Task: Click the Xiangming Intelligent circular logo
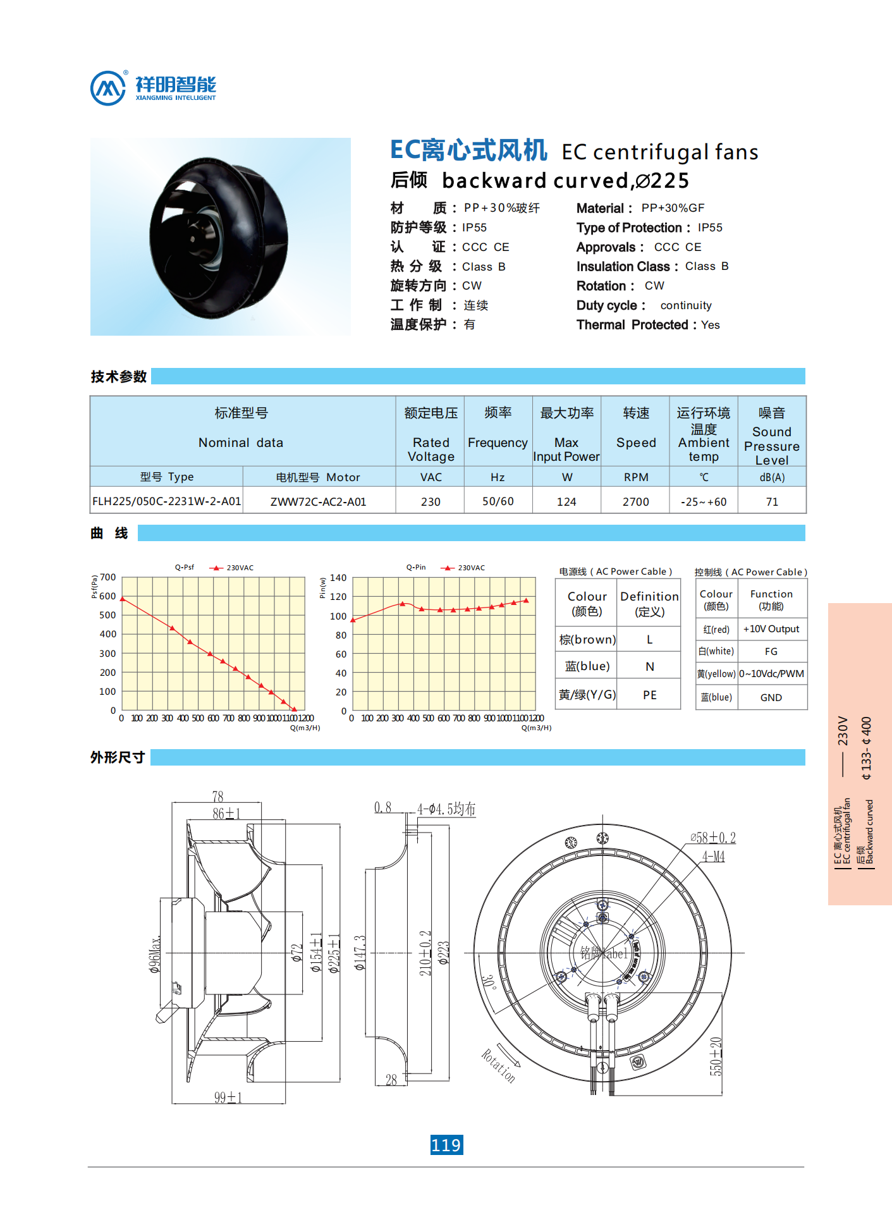click(x=108, y=88)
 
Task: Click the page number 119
click(x=446, y=1145)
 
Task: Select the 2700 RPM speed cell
click(x=635, y=501)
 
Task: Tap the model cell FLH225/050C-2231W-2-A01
click(x=166, y=501)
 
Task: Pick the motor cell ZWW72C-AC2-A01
click(x=318, y=502)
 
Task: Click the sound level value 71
click(x=772, y=501)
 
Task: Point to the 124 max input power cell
click(x=566, y=501)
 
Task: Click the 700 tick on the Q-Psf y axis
click(x=108, y=577)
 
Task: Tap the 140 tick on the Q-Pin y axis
click(x=338, y=578)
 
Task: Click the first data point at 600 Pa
click(x=123, y=599)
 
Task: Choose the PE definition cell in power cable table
click(x=649, y=695)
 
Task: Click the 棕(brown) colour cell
click(x=587, y=639)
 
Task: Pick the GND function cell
click(x=771, y=697)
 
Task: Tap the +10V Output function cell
click(x=771, y=629)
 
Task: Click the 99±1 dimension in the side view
click(x=228, y=1097)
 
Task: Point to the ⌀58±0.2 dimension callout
click(x=713, y=838)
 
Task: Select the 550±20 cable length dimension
click(x=716, y=1056)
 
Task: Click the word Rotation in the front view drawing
click(x=499, y=1066)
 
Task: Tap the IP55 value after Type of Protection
click(x=710, y=228)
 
